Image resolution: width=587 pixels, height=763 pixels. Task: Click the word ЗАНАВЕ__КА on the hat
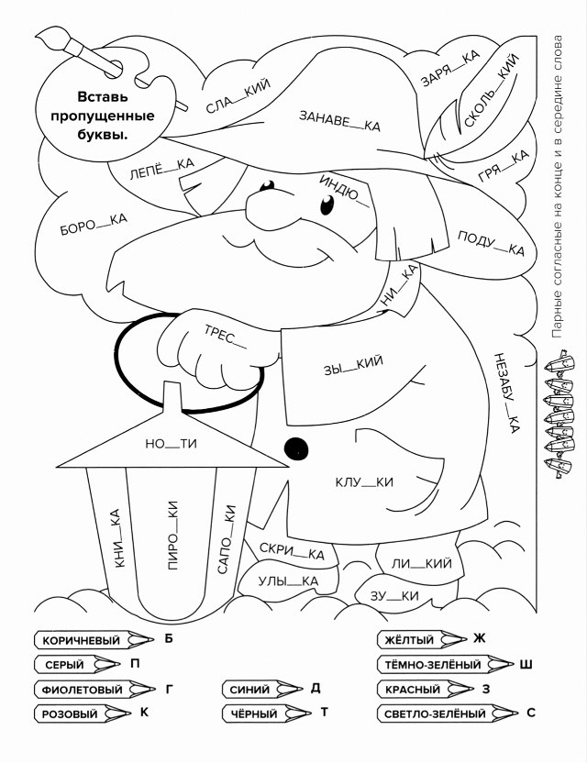click(339, 121)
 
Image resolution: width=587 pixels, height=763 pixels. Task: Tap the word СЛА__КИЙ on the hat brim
click(238, 96)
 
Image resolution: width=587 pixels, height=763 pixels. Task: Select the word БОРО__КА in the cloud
click(94, 224)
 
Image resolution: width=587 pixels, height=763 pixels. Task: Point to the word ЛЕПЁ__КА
click(161, 169)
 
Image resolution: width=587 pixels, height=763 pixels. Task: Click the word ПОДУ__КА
click(491, 243)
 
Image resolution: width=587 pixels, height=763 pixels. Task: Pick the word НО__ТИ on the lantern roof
click(171, 443)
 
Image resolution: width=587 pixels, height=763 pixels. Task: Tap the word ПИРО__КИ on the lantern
click(172, 536)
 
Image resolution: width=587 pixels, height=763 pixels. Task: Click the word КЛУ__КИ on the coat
click(364, 482)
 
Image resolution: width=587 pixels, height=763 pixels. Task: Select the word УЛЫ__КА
click(288, 581)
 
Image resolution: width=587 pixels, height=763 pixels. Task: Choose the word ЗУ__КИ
click(394, 596)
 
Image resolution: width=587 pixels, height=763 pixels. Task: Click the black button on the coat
click(296, 448)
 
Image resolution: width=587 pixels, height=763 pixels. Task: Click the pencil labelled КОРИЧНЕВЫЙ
click(94, 640)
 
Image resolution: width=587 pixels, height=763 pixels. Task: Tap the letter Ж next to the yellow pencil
click(480, 638)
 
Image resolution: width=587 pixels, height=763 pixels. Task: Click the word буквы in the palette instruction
click(102, 135)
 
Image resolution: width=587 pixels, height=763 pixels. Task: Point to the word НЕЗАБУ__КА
click(506, 393)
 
